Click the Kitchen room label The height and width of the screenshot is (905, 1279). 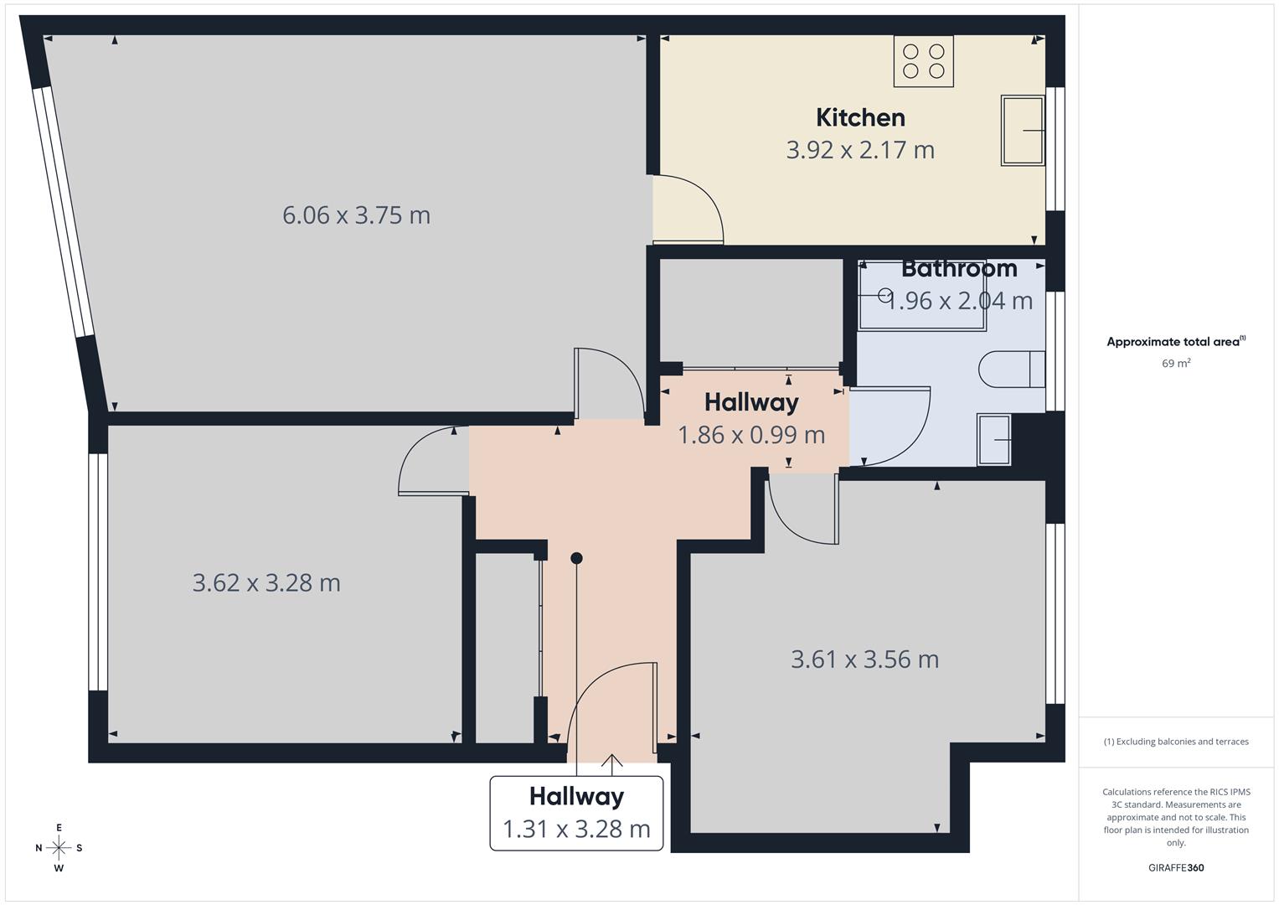pyautogui.click(x=860, y=117)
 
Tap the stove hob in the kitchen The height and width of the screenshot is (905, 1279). pyautogui.click(x=924, y=61)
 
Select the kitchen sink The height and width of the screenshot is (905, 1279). pyautogui.click(x=1023, y=130)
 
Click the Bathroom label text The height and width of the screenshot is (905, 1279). pyautogui.click(x=959, y=269)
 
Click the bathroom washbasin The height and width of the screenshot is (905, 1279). pyautogui.click(x=994, y=440)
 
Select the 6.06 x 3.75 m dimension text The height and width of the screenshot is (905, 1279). pyautogui.click(x=356, y=215)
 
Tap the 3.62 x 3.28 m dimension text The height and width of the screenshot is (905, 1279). pyautogui.click(x=266, y=582)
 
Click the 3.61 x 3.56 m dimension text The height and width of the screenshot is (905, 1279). pyautogui.click(x=864, y=659)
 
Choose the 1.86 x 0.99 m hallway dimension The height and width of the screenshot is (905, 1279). pyautogui.click(x=751, y=435)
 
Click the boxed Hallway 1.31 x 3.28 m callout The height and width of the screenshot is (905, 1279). pyautogui.click(x=576, y=813)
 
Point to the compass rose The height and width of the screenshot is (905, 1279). pyautogui.click(x=59, y=847)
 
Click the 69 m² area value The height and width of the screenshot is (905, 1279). pyautogui.click(x=1176, y=364)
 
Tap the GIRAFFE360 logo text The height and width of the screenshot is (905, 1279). pyautogui.click(x=1175, y=867)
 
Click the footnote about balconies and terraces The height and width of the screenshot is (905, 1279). pyautogui.click(x=1175, y=742)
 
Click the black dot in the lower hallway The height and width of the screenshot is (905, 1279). pyautogui.click(x=576, y=558)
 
